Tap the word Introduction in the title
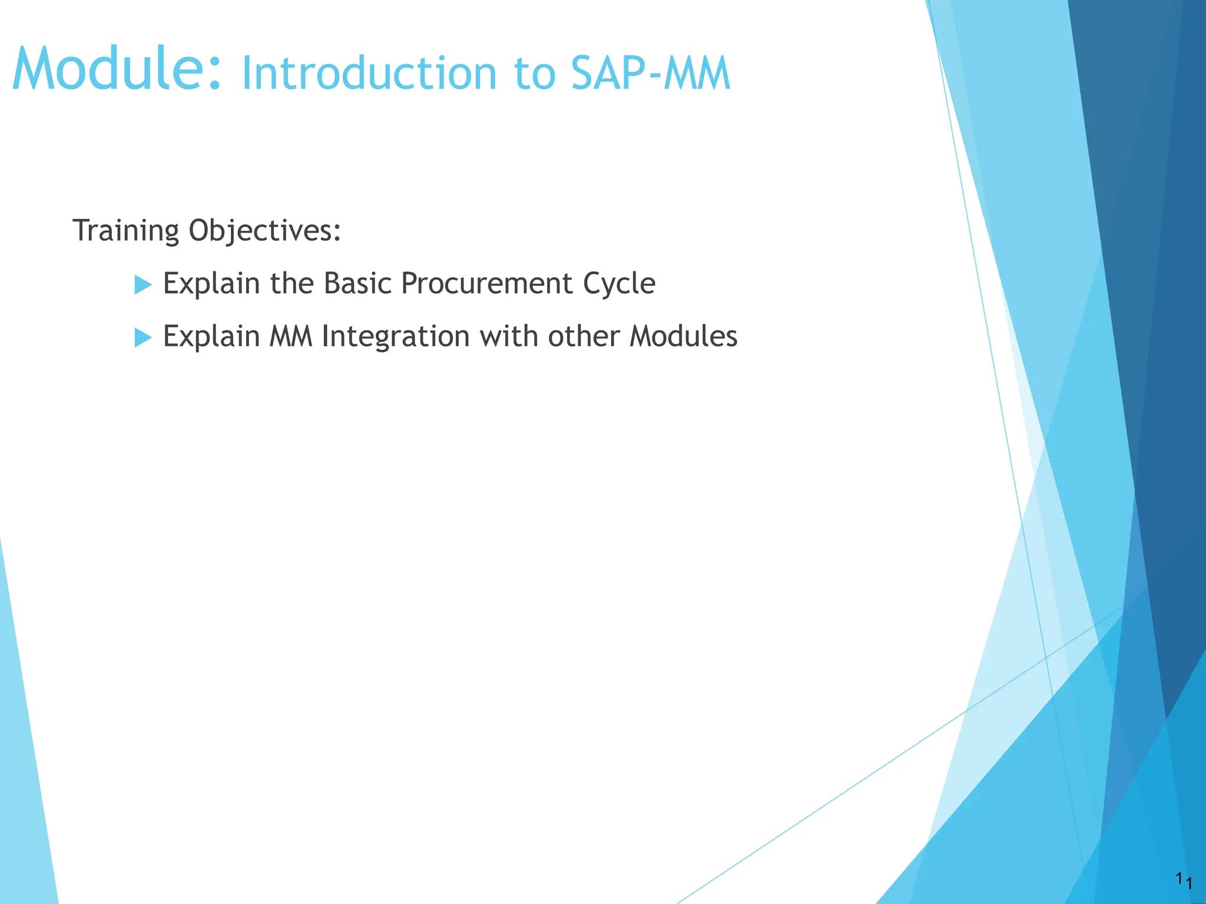coord(370,74)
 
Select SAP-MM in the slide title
coord(650,74)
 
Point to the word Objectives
coord(264,231)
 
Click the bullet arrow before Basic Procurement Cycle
coord(143,285)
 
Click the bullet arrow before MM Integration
coord(143,338)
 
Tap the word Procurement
coord(486,284)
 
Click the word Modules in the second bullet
coord(683,337)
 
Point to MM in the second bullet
coord(291,337)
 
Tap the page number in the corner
coord(1184,882)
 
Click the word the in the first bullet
coord(291,284)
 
